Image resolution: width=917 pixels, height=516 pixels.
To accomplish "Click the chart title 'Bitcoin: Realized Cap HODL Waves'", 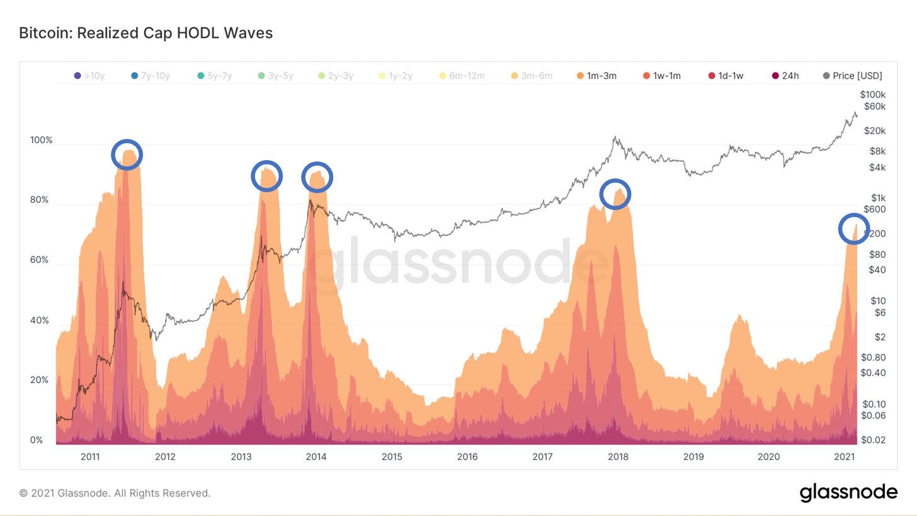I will coord(145,33).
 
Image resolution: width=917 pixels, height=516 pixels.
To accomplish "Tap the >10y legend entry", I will coord(89,76).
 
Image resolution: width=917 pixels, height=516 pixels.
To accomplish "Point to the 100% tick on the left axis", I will coord(41,140).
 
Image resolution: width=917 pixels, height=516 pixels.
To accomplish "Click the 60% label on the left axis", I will coord(39,260).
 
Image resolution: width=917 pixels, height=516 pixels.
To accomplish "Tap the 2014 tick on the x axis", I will coord(316,457).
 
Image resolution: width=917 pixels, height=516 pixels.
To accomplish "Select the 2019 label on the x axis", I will coord(693,457).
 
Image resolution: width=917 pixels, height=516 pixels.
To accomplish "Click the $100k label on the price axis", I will coord(872,95).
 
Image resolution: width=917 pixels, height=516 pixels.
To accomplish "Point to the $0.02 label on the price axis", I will coord(873,440).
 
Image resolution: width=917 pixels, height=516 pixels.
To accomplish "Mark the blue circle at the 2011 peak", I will coord(127,155).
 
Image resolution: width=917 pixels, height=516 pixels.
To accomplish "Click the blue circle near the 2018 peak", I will coord(615,194).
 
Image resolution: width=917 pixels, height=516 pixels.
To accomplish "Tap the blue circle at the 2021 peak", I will coord(854,229).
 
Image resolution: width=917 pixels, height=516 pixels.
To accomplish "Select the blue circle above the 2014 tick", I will coord(317,177).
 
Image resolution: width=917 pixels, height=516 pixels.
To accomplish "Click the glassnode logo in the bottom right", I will coord(848,492).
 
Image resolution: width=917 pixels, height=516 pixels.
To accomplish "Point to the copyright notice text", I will coord(115,493).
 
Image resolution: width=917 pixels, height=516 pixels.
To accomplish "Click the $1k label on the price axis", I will coord(878,198).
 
